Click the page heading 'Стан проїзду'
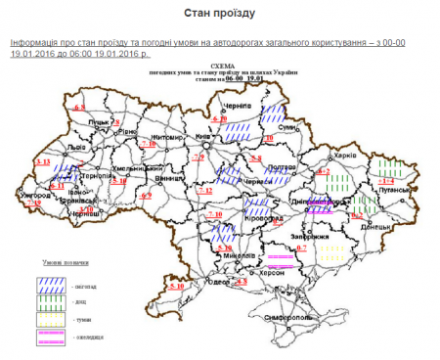[x=220, y=13]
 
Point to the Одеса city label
[x=216, y=282]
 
